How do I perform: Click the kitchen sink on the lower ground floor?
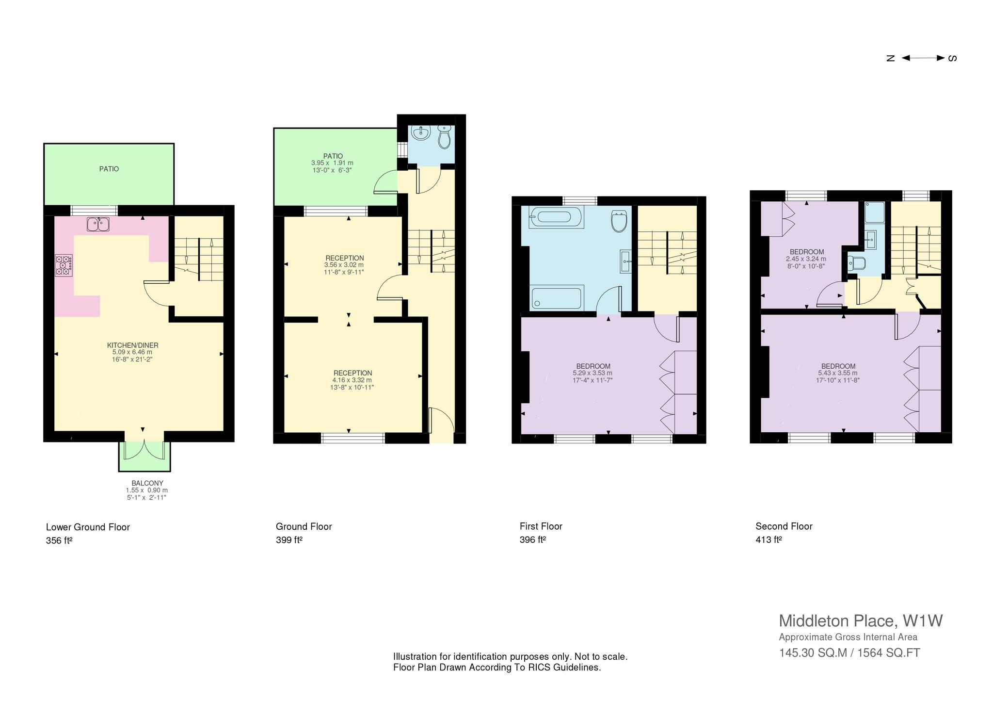(98, 224)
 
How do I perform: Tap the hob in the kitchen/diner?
(64, 265)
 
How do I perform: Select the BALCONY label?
(147, 483)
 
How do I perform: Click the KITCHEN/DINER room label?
(133, 345)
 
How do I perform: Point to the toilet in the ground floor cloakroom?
(444, 137)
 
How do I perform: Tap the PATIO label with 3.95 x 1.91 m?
(333, 156)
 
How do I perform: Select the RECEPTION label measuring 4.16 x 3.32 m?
(353, 373)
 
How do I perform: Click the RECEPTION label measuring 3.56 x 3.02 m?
(345, 258)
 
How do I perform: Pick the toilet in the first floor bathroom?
(619, 221)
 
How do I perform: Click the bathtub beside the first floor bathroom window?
(557, 217)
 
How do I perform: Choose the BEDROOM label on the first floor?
(593, 366)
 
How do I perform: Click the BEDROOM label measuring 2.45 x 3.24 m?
(807, 252)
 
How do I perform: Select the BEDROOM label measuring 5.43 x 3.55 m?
(838, 366)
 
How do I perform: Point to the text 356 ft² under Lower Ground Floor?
(59, 540)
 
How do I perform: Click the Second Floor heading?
(784, 526)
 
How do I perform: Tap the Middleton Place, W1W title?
(861, 621)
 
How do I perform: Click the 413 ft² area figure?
(769, 539)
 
